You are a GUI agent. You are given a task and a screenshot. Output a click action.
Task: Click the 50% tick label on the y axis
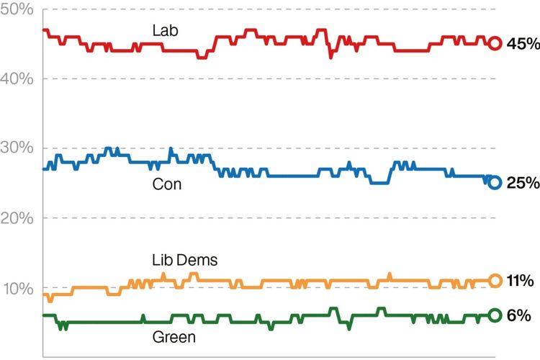[17, 9]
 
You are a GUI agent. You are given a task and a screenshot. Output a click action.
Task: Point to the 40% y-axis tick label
[17, 79]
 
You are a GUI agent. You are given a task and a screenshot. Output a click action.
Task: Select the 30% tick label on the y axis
[17, 148]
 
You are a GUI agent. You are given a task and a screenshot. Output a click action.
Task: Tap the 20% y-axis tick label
[17, 217]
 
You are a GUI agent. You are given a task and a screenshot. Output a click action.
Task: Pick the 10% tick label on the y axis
[19, 289]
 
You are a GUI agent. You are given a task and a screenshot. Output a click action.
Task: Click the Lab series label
[166, 30]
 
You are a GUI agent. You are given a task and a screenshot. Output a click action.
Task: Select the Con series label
[167, 184]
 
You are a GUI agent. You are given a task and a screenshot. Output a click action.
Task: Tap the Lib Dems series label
[185, 260]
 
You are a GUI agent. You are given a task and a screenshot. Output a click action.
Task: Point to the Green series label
[174, 336]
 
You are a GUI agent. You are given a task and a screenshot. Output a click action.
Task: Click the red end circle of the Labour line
[495, 43]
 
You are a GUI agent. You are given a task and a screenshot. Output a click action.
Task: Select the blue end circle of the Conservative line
[495, 182]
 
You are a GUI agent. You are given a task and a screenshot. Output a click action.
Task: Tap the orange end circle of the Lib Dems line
[495, 281]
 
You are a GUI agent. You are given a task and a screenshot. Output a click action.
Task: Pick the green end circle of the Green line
[495, 315]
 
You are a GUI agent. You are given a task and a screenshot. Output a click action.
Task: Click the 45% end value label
[523, 44]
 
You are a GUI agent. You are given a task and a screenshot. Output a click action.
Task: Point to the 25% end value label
[523, 183]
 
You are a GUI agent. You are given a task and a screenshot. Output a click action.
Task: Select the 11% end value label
[521, 281]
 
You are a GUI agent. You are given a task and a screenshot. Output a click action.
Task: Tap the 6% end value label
[518, 315]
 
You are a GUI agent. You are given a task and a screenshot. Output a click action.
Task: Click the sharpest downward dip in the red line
[330, 57]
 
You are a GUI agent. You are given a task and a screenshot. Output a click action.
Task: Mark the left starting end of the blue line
[44, 168]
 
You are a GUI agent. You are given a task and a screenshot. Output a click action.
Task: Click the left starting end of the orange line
[44, 294]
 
